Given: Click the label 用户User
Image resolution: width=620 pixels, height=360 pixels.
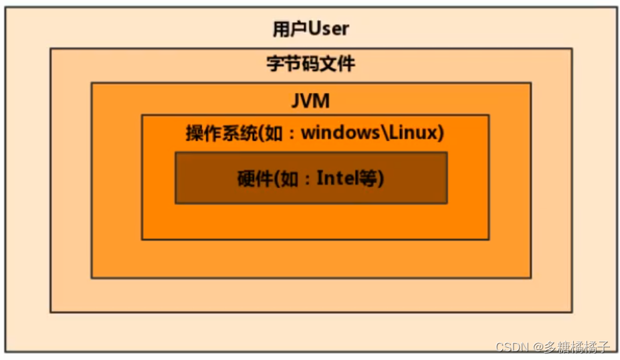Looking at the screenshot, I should coord(311,29).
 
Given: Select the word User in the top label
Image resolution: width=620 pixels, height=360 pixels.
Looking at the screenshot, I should coord(328,29).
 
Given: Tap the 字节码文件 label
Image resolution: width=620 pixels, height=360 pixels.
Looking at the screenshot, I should coord(311,64).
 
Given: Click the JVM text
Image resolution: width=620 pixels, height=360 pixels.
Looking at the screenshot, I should coord(311,101).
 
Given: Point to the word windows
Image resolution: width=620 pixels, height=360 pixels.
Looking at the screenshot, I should coord(340,132).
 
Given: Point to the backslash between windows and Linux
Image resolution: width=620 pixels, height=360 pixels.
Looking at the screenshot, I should coord(385,132).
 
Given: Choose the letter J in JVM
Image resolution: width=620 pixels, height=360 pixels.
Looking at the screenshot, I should coord(296,101).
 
